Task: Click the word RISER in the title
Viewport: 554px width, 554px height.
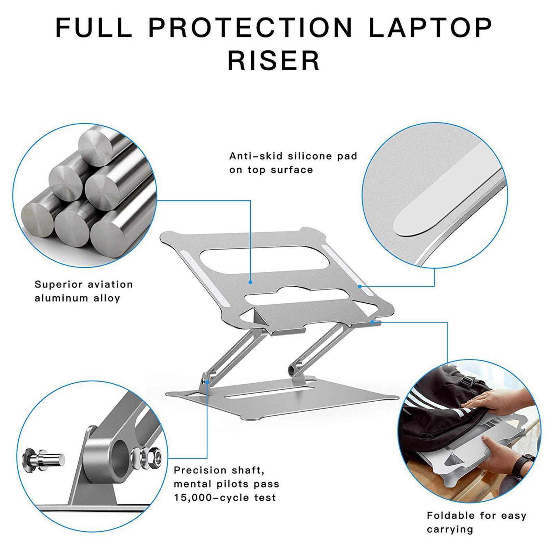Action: pos(274,61)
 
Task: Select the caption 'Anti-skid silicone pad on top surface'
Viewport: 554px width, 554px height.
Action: pos(293,163)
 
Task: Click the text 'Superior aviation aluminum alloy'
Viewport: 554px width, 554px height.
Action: pos(84,291)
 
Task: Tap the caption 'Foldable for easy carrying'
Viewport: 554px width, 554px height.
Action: pos(476,522)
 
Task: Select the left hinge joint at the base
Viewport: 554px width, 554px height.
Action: pos(207,380)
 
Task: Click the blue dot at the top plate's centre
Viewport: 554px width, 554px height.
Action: pos(250,283)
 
